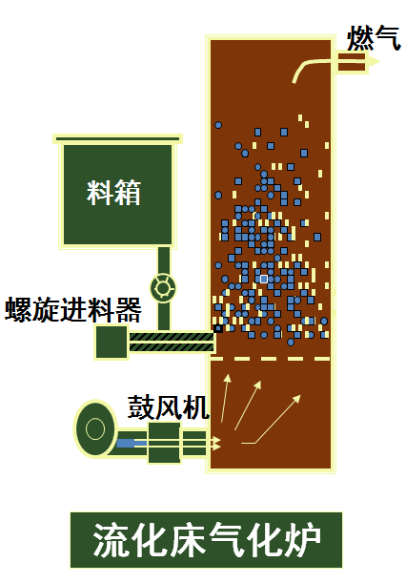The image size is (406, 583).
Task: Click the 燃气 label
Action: click(374, 38)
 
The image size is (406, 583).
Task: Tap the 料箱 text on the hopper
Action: click(114, 193)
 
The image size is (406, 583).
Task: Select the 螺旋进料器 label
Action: click(73, 309)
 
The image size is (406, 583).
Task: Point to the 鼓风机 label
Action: click(168, 407)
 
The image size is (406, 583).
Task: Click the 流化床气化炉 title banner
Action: click(206, 539)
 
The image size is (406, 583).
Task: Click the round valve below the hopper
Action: click(163, 288)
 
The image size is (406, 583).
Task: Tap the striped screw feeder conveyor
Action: click(172, 342)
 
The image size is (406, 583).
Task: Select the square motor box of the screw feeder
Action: click(112, 342)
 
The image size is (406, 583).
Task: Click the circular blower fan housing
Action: click(95, 428)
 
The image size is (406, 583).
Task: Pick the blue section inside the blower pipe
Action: click(125, 443)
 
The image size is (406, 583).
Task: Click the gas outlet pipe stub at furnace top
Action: click(351, 62)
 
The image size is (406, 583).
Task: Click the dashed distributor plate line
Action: click(270, 359)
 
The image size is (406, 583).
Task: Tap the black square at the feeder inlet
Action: click(218, 328)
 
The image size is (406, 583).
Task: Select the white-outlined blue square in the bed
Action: click(264, 279)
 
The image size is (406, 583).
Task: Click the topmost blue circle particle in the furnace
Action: click(218, 125)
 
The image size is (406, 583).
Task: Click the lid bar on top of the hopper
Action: click(118, 139)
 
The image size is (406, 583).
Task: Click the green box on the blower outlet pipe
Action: click(164, 443)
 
